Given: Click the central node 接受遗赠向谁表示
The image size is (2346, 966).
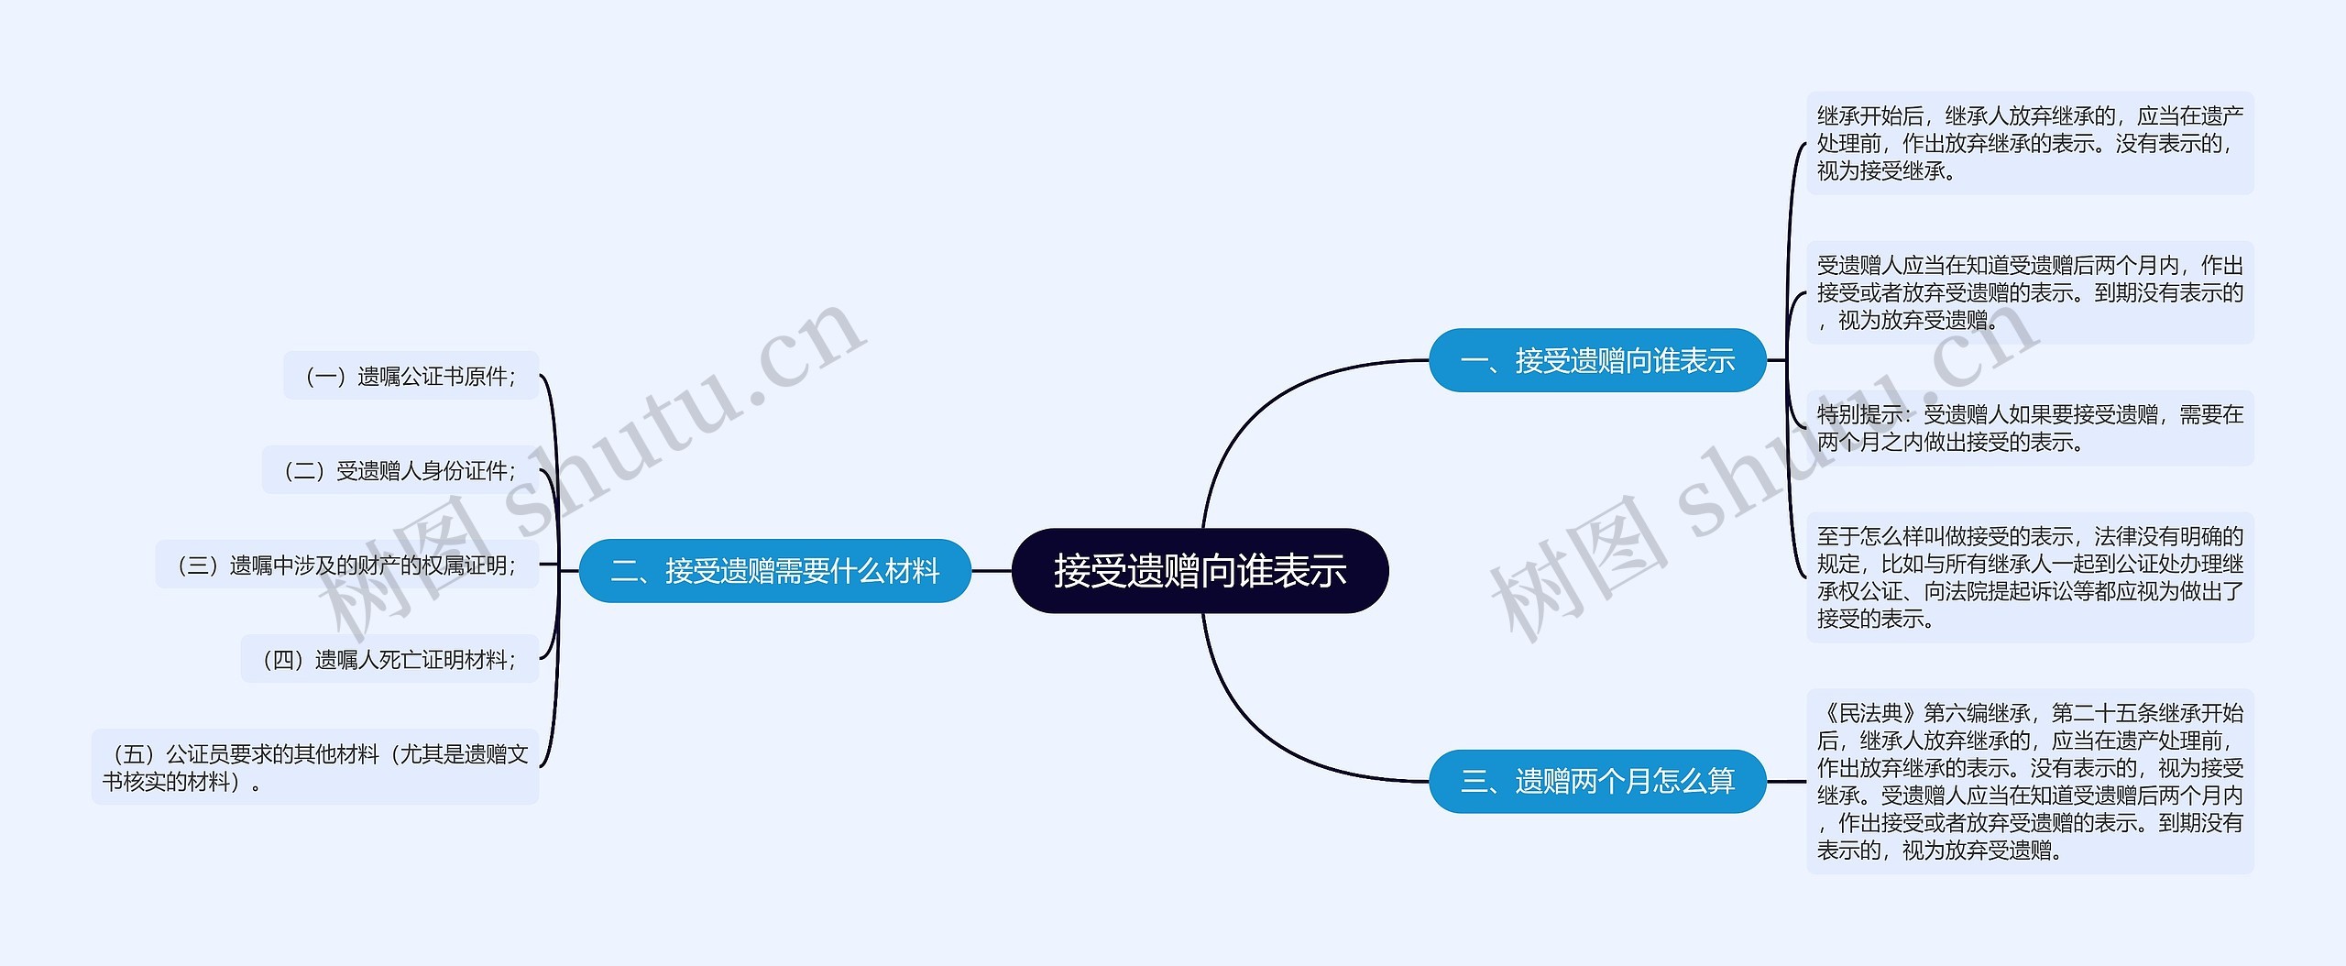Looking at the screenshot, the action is tap(1200, 570).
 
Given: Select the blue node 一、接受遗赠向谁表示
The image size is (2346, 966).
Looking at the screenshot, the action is tap(1597, 360).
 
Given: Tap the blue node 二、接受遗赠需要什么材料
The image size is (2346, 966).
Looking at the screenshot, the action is tap(774, 571).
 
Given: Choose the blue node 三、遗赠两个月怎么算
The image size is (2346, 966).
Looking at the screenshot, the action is tap(1597, 781).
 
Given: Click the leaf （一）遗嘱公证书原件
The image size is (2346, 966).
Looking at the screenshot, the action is tap(411, 376).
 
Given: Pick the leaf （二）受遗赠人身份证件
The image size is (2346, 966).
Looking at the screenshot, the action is tap(400, 470).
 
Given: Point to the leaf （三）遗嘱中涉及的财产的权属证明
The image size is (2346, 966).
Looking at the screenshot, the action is tap(346, 565).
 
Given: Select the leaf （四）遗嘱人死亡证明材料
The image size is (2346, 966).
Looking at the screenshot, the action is tap(389, 659).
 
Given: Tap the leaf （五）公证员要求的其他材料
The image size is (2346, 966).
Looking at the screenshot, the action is tap(315, 767).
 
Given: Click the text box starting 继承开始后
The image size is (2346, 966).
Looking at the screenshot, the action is tap(2030, 143).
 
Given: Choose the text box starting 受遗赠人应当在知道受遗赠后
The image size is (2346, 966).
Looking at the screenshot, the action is tap(2030, 292).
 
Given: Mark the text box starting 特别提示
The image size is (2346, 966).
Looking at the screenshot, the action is tap(2030, 428).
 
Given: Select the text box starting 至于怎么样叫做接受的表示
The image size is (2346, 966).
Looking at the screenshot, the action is tap(2030, 576).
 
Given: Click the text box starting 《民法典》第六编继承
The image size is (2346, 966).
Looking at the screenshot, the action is tap(2030, 781).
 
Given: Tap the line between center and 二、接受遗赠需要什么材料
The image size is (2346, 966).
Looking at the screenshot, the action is tap(992, 571).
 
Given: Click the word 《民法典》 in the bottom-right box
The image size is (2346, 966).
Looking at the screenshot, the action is tap(1869, 713).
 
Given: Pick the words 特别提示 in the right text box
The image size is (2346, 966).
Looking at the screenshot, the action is tap(1859, 415).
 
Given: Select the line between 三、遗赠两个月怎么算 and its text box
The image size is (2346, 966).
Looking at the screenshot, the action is tap(1786, 782).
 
